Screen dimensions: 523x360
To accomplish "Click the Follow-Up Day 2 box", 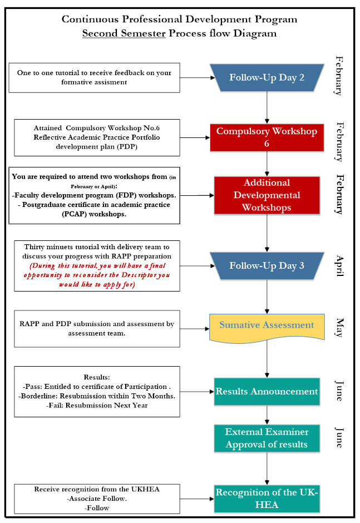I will coord(267,77).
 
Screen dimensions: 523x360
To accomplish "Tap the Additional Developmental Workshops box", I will coord(267,195).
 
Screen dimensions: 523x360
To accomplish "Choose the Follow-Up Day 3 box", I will coord(267,265).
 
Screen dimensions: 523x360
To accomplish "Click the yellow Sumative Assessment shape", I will coord(267,325).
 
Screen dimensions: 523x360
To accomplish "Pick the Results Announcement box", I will coord(267,391).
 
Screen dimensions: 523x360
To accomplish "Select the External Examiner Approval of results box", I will coord(267,437).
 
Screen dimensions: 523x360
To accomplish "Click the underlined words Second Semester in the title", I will coord(124,33).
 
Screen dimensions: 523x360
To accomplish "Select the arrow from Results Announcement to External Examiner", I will coord(267,415).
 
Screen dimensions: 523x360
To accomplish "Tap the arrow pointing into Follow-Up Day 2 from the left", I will coord(195,78).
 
